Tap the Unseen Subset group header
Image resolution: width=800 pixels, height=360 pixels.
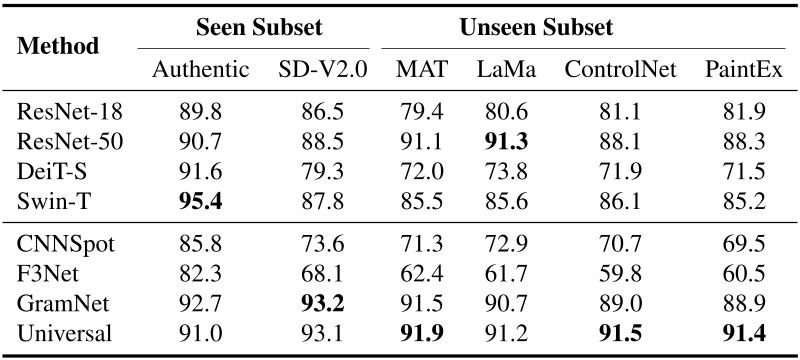click(x=536, y=26)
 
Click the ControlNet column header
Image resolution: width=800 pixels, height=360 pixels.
click(x=620, y=71)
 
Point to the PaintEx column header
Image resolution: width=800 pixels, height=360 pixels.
click(x=742, y=71)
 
